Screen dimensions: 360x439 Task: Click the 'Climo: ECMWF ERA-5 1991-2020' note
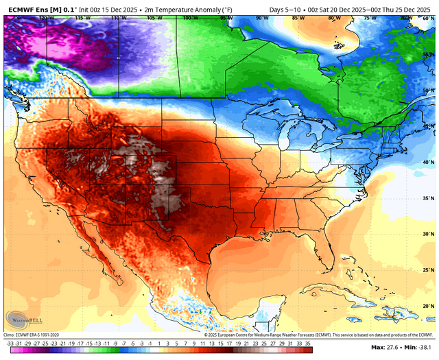(34, 334)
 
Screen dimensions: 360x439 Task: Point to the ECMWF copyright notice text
(302, 334)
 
